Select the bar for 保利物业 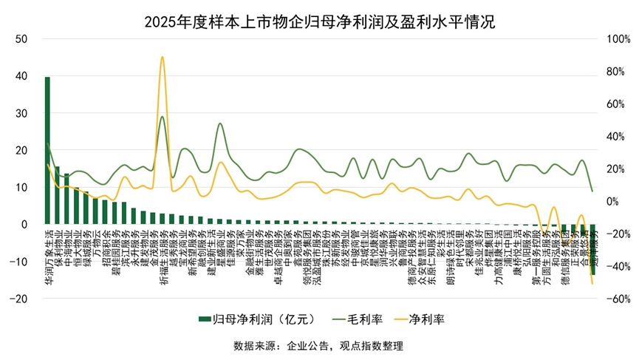point(57,196)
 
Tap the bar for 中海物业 point(66,199)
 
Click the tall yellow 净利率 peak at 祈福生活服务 point(163,58)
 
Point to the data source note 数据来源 point(319,345)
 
